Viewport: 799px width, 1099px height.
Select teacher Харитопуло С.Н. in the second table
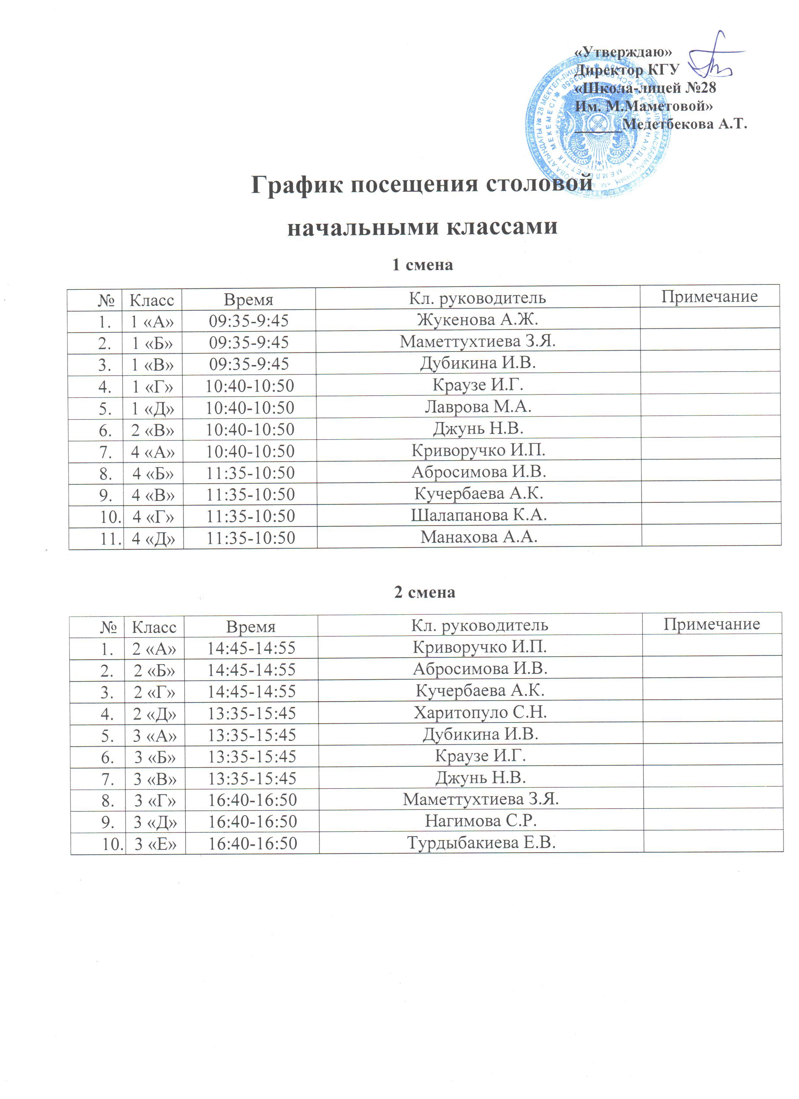click(480, 712)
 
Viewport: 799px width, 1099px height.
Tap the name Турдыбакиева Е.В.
click(481, 843)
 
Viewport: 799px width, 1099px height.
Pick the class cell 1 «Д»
click(153, 408)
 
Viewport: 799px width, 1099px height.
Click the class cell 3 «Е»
click(155, 844)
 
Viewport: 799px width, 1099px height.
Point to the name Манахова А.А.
click(479, 537)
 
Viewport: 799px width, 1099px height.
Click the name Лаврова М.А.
click(478, 407)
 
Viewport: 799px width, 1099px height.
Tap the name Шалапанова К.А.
click(479, 515)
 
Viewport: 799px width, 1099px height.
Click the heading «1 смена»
click(422, 265)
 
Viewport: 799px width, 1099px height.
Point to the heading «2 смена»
click(425, 592)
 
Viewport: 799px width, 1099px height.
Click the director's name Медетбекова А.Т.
click(684, 124)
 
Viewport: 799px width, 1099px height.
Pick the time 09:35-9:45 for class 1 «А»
click(248, 321)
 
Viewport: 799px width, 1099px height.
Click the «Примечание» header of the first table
click(709, 297)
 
